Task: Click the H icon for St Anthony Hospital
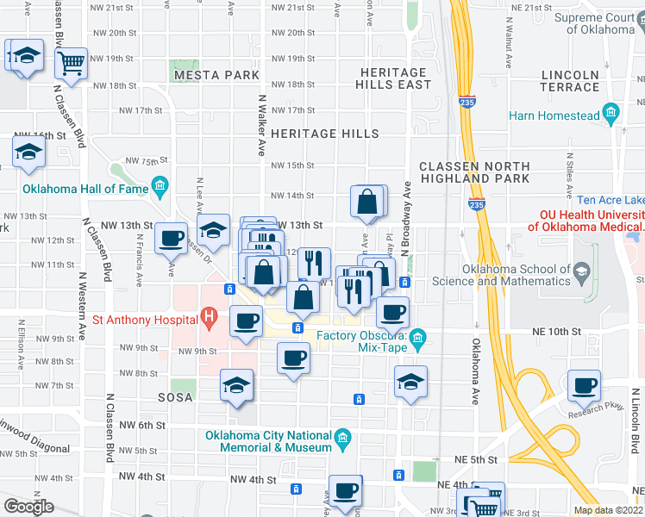pyautogui.click(x=208, y=319)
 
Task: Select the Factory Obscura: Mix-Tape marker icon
pyautogui.click(x=418, y=337)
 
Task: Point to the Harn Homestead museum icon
pyautogui.click(x=612, y=112)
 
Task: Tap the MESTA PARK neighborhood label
pyautogui.click(x=216, y=76)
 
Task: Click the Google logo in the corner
pyautogui.click(x=28, y=507)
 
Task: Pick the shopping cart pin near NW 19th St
pyautogui.click(x=72, y=61)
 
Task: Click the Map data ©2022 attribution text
pyautogui.click(x=607, y=510)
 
